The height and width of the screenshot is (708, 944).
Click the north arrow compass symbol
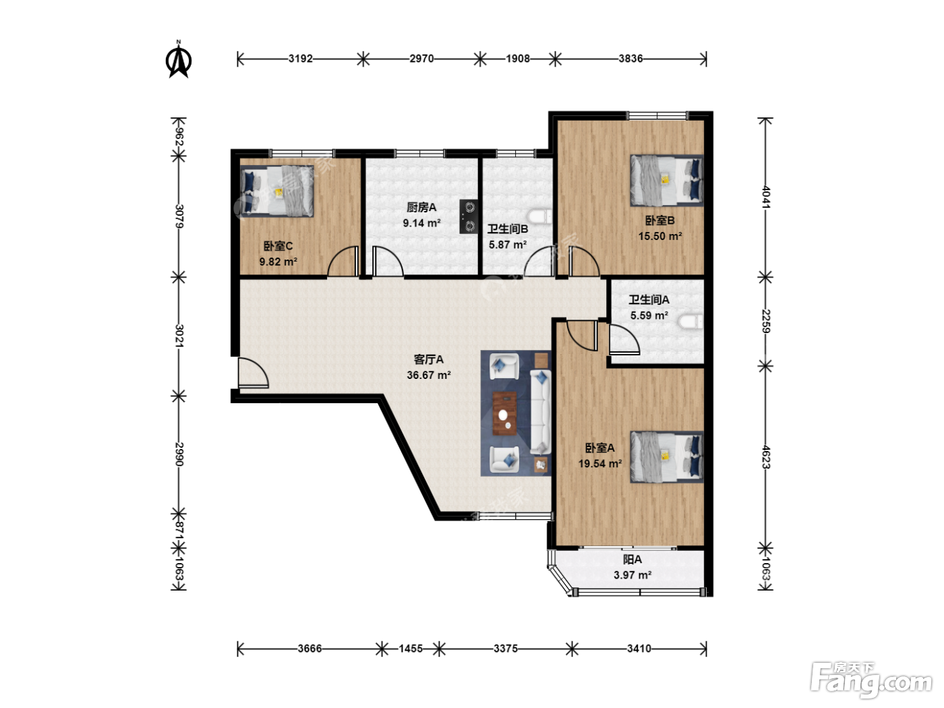click(x=179, y=59)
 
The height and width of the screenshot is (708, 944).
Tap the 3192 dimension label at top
click(x=300, y=59)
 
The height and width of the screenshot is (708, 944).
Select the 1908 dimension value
click(x=517, y=59)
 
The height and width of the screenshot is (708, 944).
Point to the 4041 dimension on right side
click(x=765, y=197)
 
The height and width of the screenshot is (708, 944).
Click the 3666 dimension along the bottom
click(x=309, y=648)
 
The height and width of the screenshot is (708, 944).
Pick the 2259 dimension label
click(x=765, y=321)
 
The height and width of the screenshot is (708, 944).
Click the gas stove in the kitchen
click(x=469, y=216)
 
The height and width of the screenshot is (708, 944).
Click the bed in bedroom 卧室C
click(x=277, y=191)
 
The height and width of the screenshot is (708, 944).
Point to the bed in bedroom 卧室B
click(x=667, y=181)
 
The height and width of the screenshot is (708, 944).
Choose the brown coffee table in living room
click(x=504, y=413)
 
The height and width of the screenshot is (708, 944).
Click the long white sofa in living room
click(x=540, y=412)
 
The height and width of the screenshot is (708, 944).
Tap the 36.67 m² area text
click(x=429, y=375)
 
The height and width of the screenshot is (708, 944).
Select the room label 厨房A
click(x=421, y=208)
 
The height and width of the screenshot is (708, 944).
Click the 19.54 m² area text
click(x=600, y=463)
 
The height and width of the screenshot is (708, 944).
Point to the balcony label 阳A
click(x=632, y=559)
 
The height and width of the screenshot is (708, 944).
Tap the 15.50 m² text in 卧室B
click(x=660, y=236)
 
